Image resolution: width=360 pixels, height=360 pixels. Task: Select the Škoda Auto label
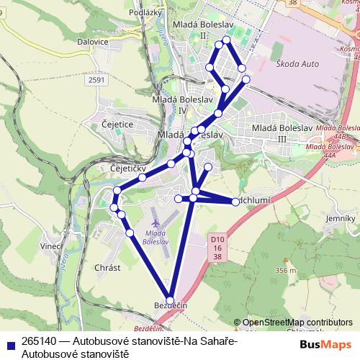click(x=297, y=64)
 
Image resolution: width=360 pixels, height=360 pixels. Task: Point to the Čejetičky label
click(x=129, y=168)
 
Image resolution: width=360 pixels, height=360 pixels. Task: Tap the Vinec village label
click(x=51, y=246)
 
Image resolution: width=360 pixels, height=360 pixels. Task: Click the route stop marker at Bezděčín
click(x=171, y=300)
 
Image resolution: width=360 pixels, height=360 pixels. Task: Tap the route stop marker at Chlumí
click(x=235, y=202)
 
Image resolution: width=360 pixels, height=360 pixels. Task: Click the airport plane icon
click(x=156, y=220)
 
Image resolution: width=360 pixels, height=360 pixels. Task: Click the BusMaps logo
click(x=325, y=344)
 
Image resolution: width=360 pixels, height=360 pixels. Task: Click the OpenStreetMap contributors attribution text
click(x=298, y=323)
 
